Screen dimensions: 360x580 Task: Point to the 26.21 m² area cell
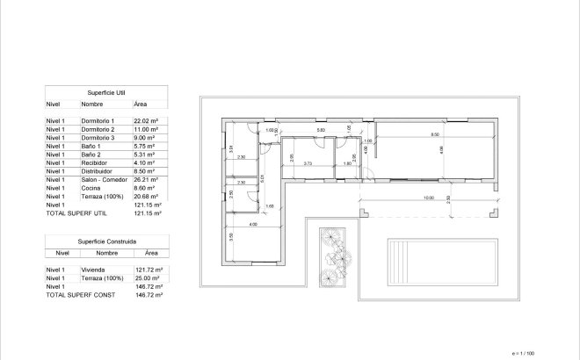tap(145, 179)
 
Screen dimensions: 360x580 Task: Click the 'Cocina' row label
tap(90, 188)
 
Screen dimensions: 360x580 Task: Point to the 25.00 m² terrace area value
tap(145, 278)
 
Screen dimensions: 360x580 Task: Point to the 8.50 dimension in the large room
tap(434, 134)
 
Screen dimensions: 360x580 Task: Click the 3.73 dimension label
tap(308, 163)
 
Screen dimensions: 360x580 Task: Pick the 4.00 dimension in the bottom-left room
tap(253, 226)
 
